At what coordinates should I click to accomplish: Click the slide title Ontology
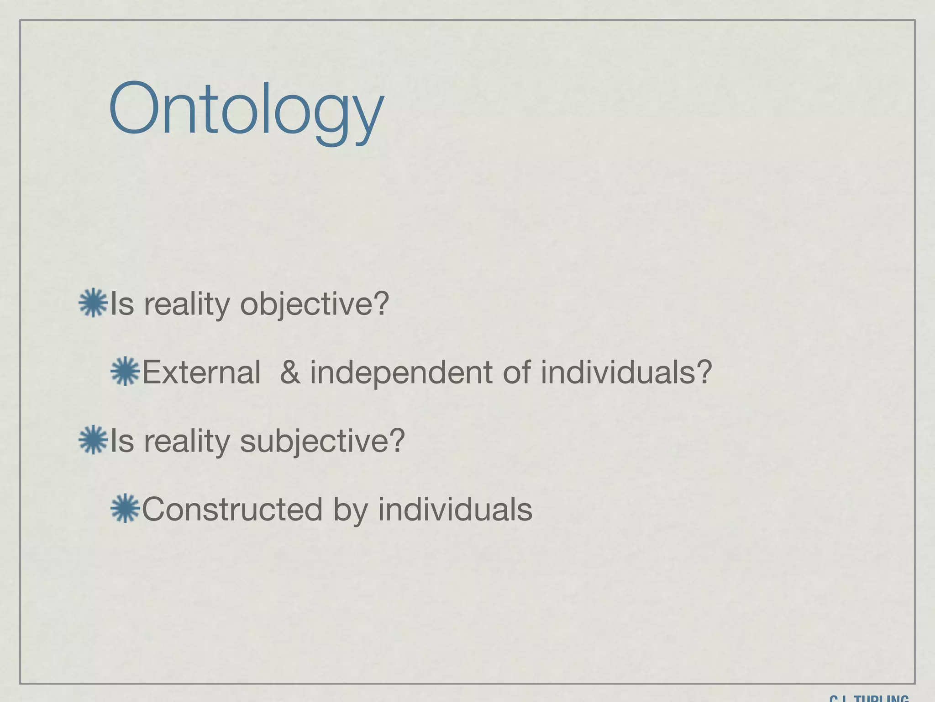point(246,110)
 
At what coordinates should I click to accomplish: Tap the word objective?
point(315,303)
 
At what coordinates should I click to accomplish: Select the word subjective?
point(322,441)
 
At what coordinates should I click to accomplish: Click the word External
point(201,372)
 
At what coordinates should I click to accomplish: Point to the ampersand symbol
point(290,372)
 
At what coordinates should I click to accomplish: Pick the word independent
point(401,372)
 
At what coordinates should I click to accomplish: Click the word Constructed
point(232,509)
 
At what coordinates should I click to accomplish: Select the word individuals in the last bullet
point(455,509)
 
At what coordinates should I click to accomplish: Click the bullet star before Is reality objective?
point(93,303)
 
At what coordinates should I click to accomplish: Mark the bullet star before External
point(125,371)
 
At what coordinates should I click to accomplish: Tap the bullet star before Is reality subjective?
point(93,440)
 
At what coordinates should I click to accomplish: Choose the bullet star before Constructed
point(125,508)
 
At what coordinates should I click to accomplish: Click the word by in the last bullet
point(350,510)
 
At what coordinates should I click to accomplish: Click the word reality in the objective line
point(187,304)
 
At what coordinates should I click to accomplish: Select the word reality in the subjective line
point(187,441)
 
